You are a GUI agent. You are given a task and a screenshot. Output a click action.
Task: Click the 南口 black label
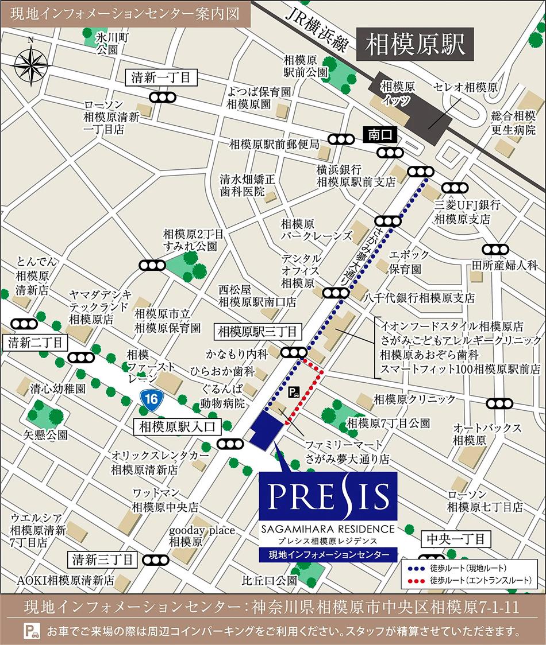click(380, 135)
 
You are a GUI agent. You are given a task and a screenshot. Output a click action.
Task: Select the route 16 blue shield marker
click(151, 399)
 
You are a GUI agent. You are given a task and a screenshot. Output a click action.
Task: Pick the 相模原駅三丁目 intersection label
click(257, 331)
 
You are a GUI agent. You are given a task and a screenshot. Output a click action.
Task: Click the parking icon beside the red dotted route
click(293, 393)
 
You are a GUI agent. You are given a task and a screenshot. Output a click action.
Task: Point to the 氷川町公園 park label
click(106, 44)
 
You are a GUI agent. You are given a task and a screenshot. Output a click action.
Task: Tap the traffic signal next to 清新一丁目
click(164, 98)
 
